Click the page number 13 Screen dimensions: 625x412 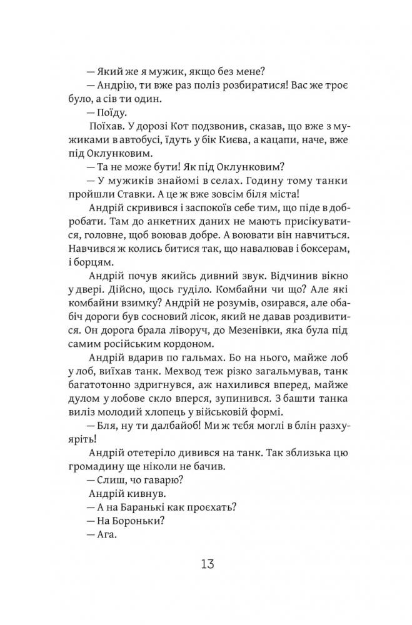click(x=206, y=566)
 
